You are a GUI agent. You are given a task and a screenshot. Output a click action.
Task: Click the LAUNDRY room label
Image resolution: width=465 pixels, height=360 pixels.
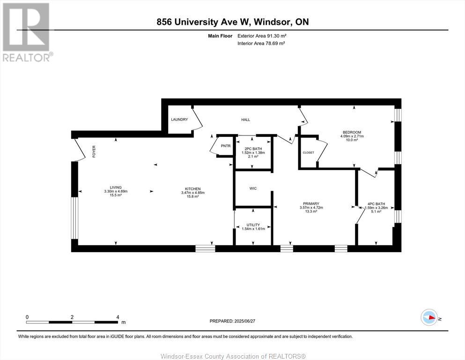tap(179, 120)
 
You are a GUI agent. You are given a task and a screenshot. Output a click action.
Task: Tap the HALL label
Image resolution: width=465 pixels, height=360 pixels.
tap(245, 120)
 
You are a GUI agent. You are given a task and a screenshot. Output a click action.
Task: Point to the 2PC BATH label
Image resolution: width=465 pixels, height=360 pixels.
tap(253, 149)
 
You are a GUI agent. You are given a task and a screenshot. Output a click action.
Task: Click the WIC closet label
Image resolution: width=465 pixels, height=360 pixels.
tap(253, 188)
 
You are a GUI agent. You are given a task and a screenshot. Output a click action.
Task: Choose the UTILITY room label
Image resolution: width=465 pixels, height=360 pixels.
tap(253, 225)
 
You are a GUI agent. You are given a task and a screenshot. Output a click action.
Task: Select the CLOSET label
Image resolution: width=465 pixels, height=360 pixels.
tap(308, 152)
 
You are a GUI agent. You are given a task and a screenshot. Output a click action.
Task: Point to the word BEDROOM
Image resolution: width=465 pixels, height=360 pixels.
tap(352, 132)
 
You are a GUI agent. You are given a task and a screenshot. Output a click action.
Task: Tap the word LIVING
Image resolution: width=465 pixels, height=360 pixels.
tap(116, 187)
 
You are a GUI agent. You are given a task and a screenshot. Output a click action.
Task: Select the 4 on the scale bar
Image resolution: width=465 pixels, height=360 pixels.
tap(118, 317)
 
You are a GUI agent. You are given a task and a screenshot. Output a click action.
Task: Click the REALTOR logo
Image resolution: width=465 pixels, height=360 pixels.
tap(27, 32)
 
